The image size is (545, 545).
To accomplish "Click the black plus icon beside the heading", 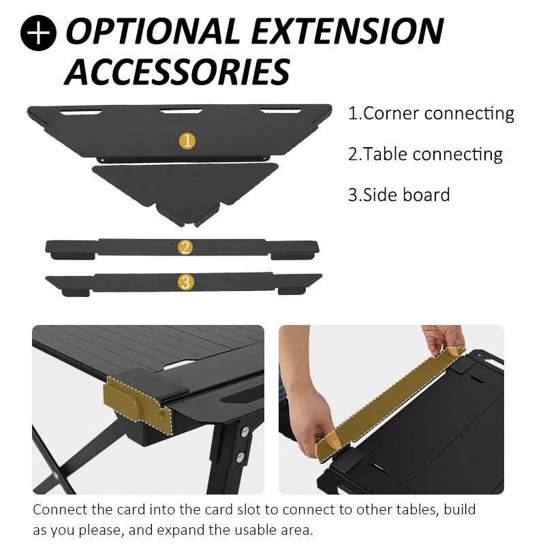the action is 38,33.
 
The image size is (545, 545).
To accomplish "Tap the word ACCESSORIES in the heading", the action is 177,72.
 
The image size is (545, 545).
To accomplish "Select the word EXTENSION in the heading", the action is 347,31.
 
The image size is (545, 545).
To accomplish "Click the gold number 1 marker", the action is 187,141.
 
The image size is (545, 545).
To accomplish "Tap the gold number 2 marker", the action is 185,247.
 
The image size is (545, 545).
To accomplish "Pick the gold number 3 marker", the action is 186,282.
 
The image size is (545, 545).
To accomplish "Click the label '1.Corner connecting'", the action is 431,114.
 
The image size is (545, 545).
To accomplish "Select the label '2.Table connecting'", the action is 425,155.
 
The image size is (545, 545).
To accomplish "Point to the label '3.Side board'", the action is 399,195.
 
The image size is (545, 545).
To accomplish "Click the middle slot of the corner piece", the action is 181,111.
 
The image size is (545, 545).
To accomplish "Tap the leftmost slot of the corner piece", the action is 80,112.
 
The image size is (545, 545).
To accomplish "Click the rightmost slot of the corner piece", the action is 281,111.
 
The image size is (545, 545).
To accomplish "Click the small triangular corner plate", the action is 185,192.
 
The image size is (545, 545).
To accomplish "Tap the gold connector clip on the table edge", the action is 138,405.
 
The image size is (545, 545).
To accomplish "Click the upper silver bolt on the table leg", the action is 245,432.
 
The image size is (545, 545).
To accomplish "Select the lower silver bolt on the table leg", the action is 240,457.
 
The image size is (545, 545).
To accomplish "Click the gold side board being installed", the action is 392,404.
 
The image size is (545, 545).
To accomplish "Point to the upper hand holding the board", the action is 444,340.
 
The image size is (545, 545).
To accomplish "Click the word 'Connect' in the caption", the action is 61,510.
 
